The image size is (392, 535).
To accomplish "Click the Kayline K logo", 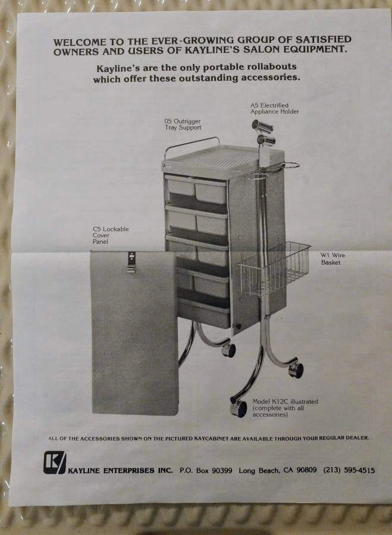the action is (54, 462).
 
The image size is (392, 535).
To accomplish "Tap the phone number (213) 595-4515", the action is (349, 470).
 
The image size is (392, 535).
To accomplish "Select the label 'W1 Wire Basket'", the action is (333, 259).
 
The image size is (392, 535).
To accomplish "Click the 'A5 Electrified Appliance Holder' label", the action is (275, 109).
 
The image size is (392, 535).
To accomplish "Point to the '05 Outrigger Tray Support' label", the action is (183, 124).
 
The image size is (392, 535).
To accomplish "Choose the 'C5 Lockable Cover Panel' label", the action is (111, 235).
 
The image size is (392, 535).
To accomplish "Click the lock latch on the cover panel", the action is (131, 262).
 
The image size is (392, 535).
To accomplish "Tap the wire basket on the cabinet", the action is (275, 269).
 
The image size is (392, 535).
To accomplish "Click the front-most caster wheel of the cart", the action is (239, 408).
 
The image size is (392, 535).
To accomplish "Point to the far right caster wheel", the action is (296, 370).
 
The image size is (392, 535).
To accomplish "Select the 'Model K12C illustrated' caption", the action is (285, 402).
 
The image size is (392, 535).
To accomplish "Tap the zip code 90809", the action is (306, 470).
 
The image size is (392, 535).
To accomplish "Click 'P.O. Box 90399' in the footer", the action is (206, 470).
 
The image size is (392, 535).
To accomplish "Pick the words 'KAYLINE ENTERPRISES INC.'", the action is (121, 471).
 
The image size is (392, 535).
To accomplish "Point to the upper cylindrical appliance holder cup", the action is (262, 126).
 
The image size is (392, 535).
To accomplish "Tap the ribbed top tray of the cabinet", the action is (218, 159).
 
